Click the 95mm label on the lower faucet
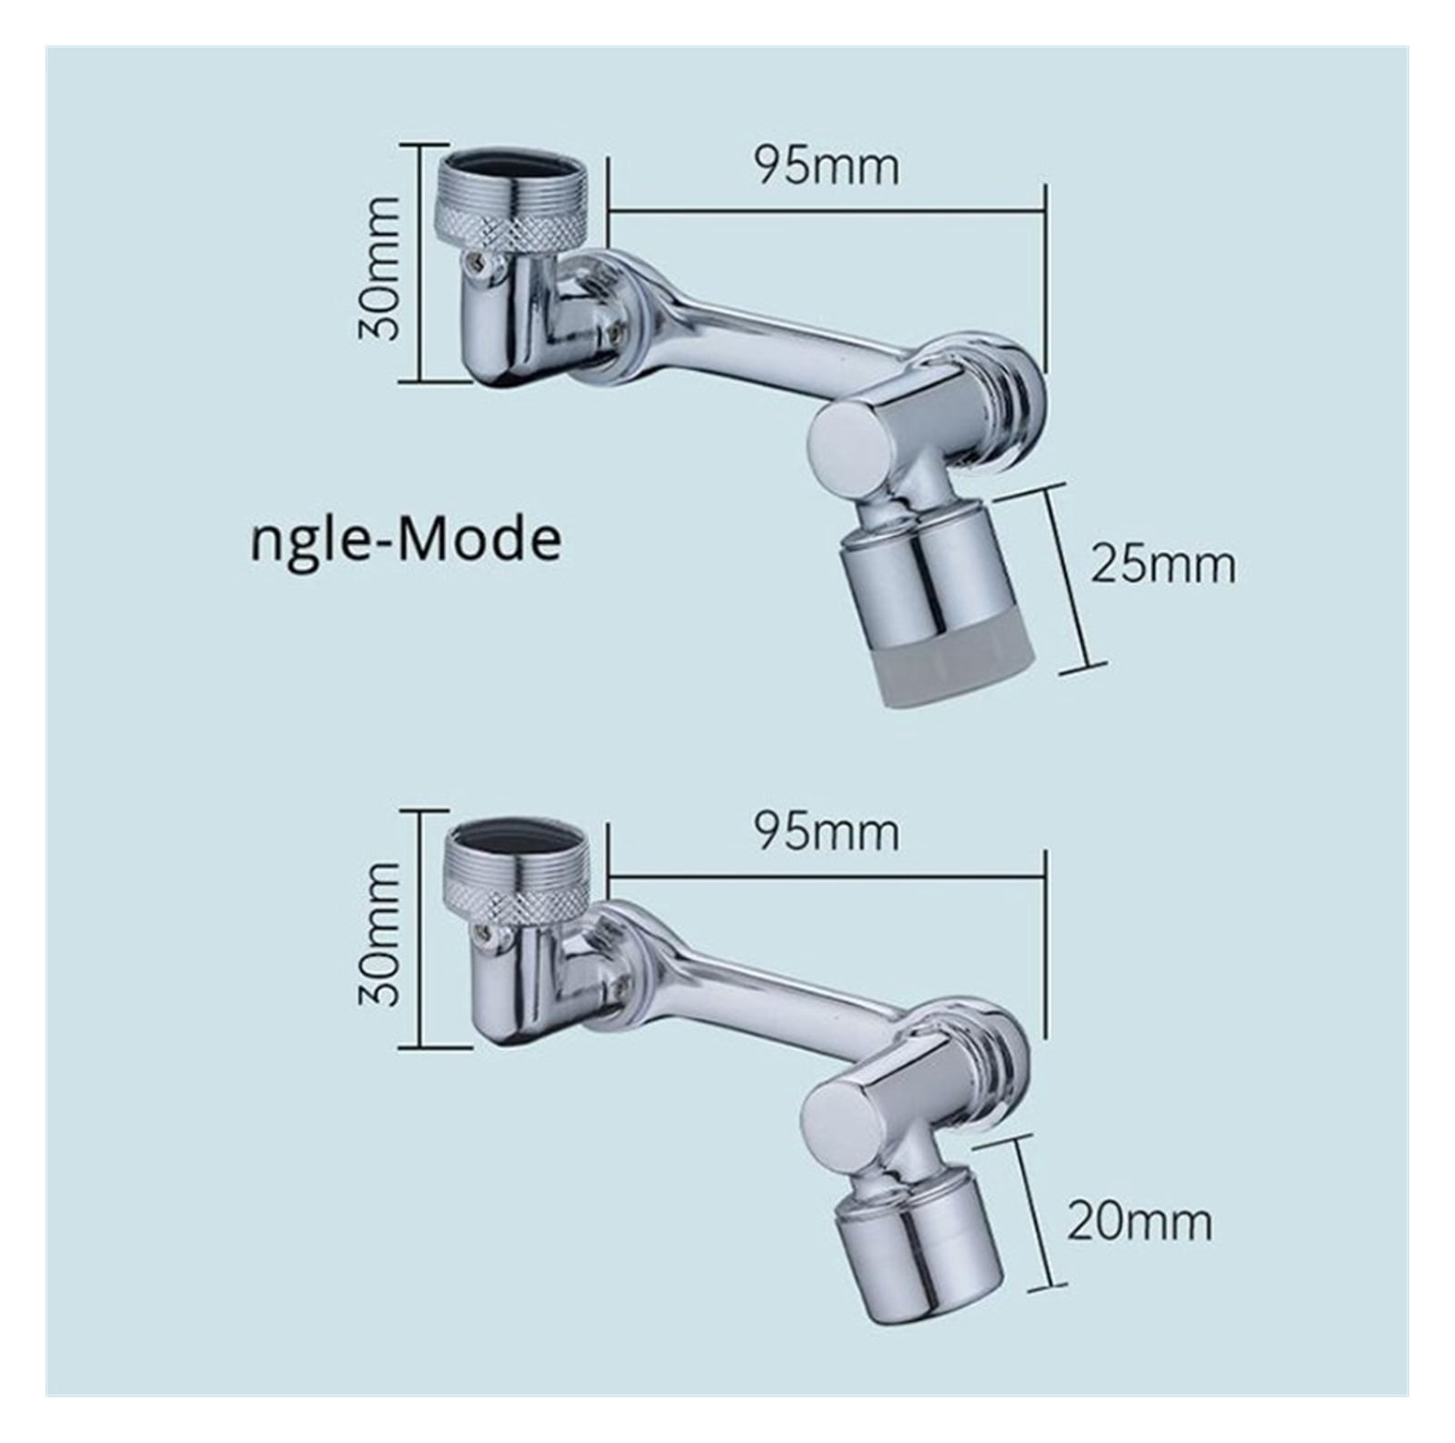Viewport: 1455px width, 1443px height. pyautogui.click(x=826, y=833)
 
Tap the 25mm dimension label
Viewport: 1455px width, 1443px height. pyautogui.click(x=1163, y=566)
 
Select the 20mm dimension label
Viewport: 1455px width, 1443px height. pyautogui.click(x=1139, y=1222)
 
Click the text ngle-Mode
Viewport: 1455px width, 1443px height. pyautogui.click(x=406, y=541)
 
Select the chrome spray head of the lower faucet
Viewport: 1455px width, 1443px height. pyautogui.click(x=918, y=1228)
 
